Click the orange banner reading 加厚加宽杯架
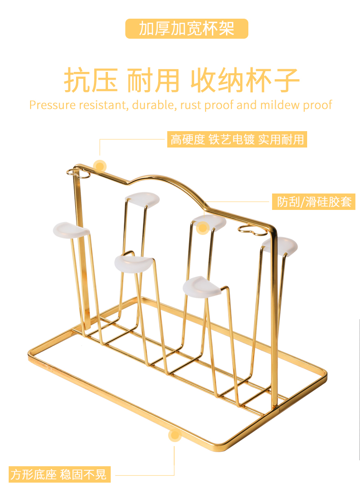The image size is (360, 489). (x=187, y=29)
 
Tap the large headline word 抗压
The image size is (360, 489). (x=91, y=81)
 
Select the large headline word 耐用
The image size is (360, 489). (x=153, y=81)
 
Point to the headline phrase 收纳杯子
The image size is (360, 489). (x=245, y=81)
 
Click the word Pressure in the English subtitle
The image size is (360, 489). (x=52, y=105)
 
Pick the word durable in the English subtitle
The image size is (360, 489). (x=154, y=105)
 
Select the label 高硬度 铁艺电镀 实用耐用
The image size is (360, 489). (x=237, y=139)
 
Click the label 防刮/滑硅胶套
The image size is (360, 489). (x=314, y=202)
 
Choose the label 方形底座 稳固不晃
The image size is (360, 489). (x=59, y=474)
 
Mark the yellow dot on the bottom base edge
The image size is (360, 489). (x=175, y=435)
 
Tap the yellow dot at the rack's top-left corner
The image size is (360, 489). (x=100, y=165)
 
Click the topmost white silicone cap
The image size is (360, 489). (x=142, y=199)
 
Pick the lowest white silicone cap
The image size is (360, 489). (x=202, y=286)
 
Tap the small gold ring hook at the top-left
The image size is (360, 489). (x=75, y=172)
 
